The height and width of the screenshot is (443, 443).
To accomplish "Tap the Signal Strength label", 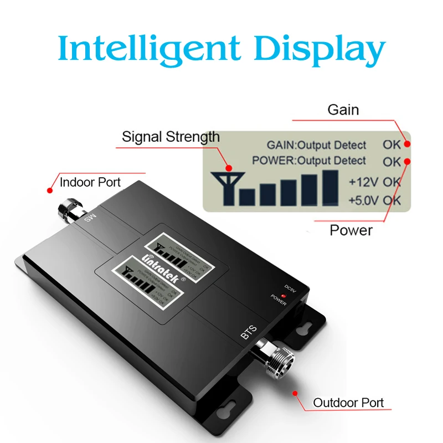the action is point(171,137).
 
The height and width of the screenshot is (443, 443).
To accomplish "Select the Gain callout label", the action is point(343,110).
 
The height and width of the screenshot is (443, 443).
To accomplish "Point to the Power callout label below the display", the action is point(351,230).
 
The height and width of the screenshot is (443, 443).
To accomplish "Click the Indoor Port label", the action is point(90,182).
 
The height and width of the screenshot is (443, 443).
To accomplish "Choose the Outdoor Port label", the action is point(348,403).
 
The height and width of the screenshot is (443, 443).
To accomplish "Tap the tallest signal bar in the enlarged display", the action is point(330,186).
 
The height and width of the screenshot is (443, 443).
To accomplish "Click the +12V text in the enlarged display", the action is point(363,182).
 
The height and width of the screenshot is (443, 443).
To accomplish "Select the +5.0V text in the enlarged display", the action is point(363,199).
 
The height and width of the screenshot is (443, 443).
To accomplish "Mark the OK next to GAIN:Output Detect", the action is point(392,145).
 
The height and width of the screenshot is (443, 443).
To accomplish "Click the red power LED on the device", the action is point(283,297).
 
